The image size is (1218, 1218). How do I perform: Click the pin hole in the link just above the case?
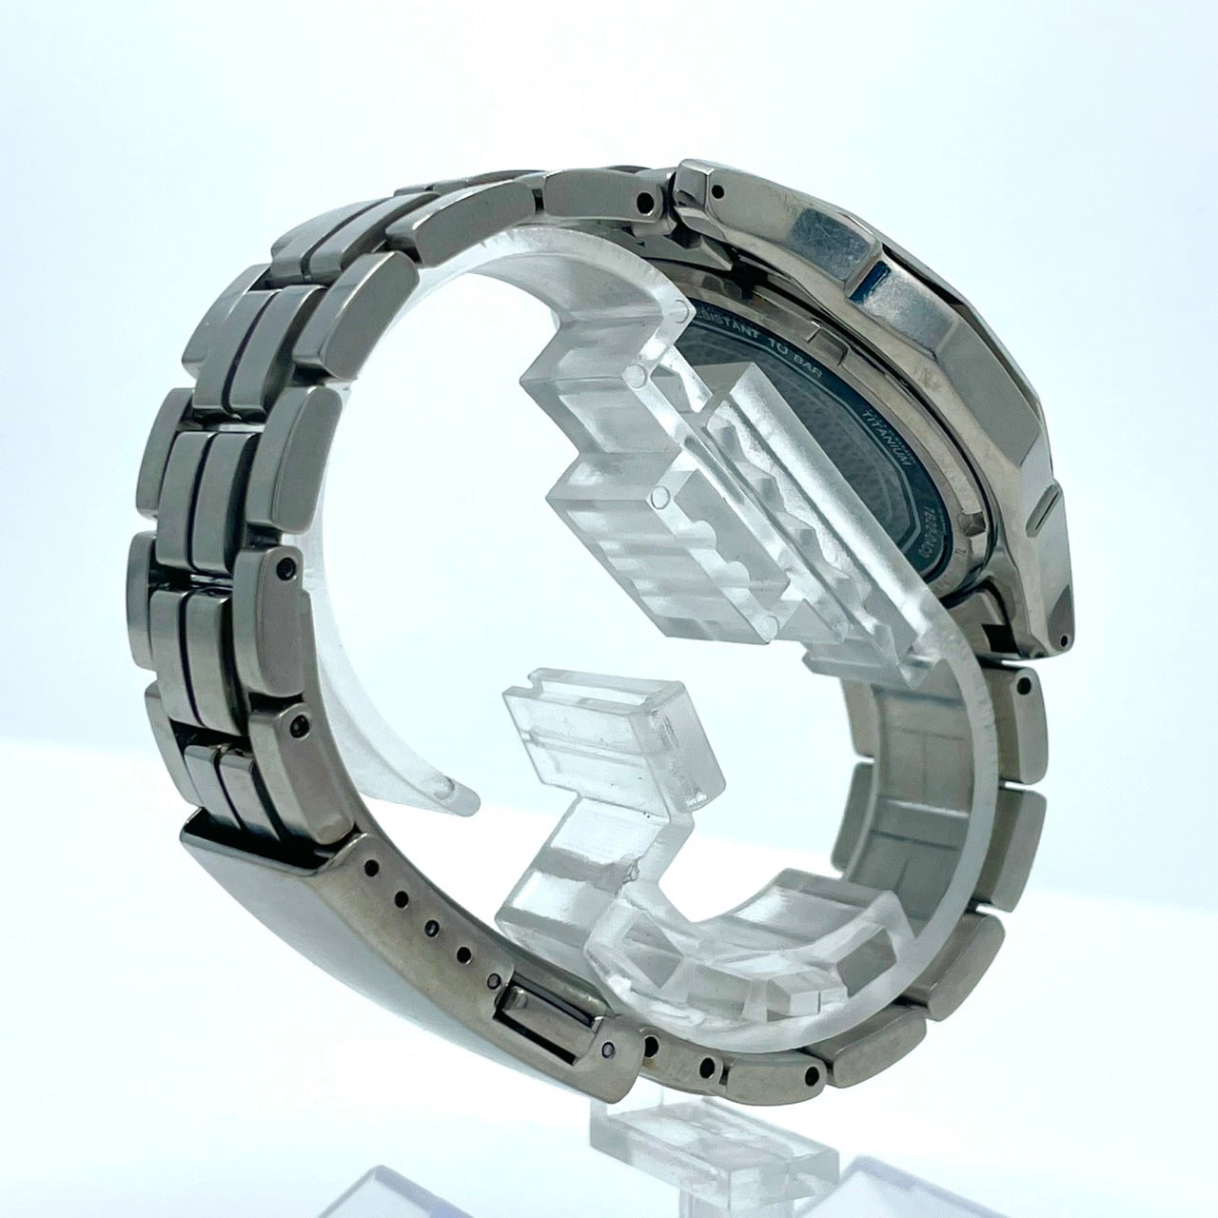coord(649,201)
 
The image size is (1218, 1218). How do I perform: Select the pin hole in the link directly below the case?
coord(1025,683)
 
